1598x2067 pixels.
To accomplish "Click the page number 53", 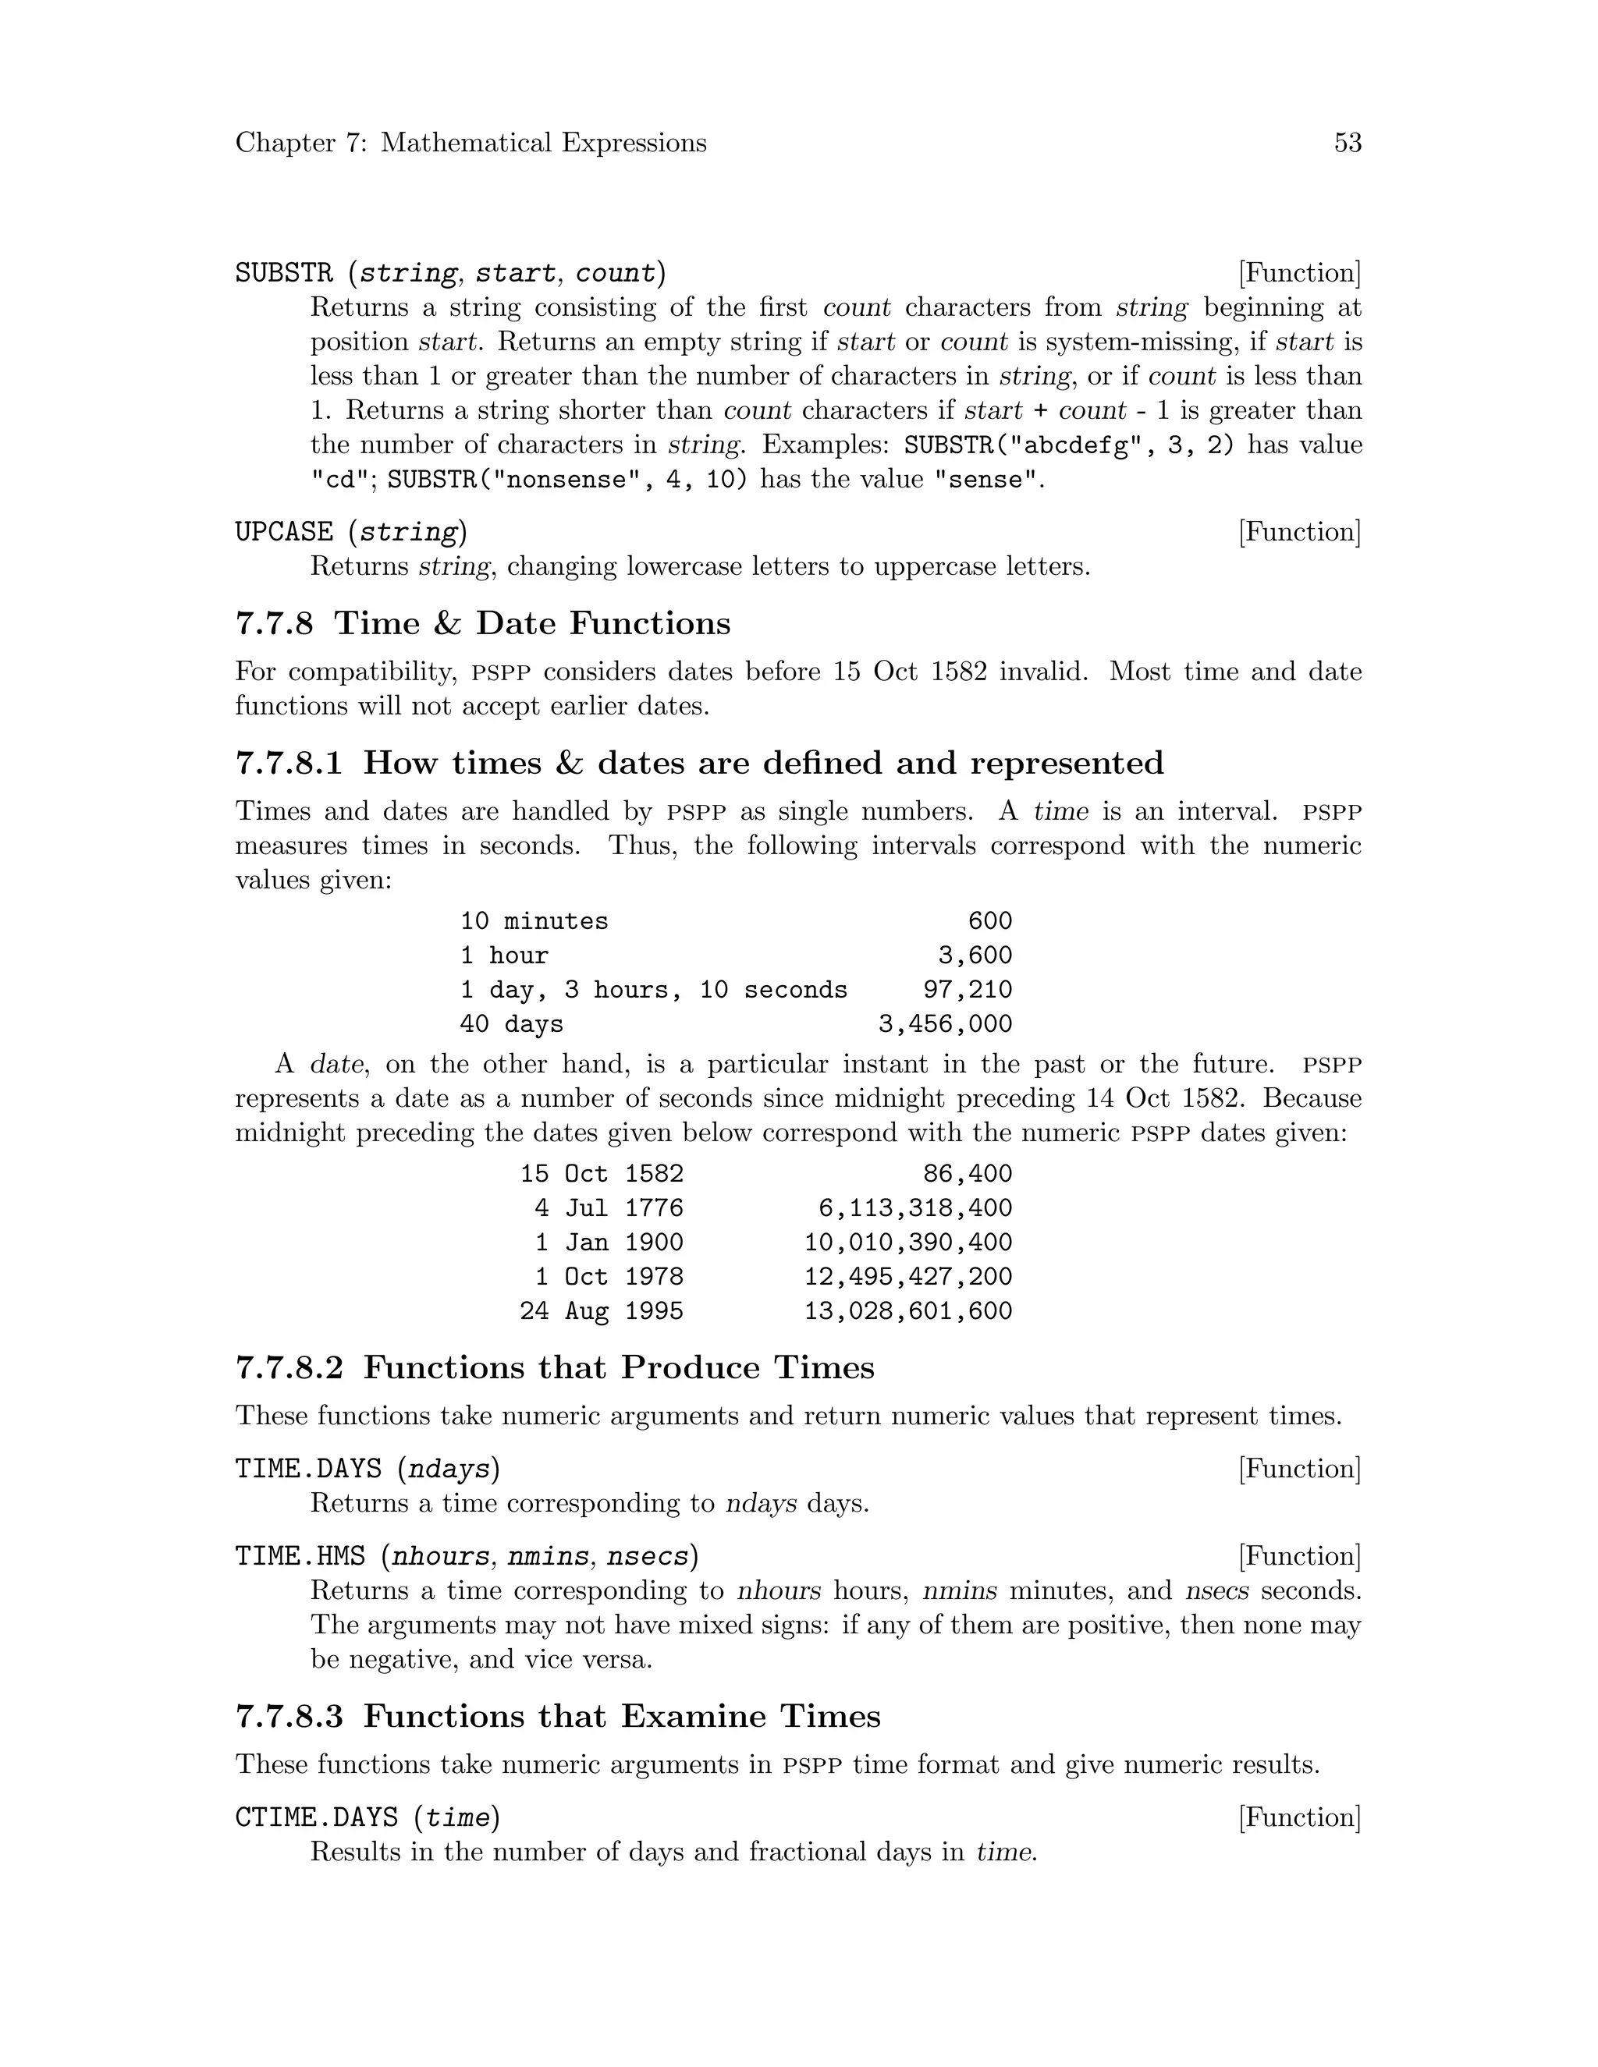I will pyautogui.click(x=1347, y=143).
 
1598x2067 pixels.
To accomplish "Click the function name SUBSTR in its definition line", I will pyautogui.click(x=284, y=274).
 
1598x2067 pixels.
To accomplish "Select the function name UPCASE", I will pyautogui.click(x=284, y=532).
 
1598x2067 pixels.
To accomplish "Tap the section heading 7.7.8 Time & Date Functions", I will pyautogui.click(x=483, y=624).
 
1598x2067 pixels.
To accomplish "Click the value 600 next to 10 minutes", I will pyautogui.click(x=989, y=921).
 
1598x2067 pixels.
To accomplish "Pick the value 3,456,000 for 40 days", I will pyautogui.click(x=945, y=1024).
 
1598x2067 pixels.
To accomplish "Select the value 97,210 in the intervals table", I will pyautogui.click(x=967, y=990).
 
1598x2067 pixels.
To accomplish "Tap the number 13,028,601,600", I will pyautogui.click(x=908, y=1312).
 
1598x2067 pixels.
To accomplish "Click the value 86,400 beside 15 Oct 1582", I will pyautogui.click(x=967, y=1175).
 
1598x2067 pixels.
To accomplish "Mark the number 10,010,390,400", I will pyautogui.click(x=908, y=1243).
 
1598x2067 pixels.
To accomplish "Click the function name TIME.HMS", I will pyautogui.click(x=299, y=1556).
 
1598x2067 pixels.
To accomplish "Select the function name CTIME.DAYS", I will pyautogui.click(x=316, y=1817).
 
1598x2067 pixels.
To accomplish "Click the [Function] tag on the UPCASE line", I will pyautogui.click(x=1299, y=532).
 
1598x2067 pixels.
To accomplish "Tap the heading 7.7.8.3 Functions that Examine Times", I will pyautogui.click(x=558, y=1717).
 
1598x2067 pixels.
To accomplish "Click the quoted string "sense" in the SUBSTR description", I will pyautogui.click(x=986, y=480).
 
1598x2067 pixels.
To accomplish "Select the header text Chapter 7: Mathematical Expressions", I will pyautogui.click(x=471, y=143).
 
